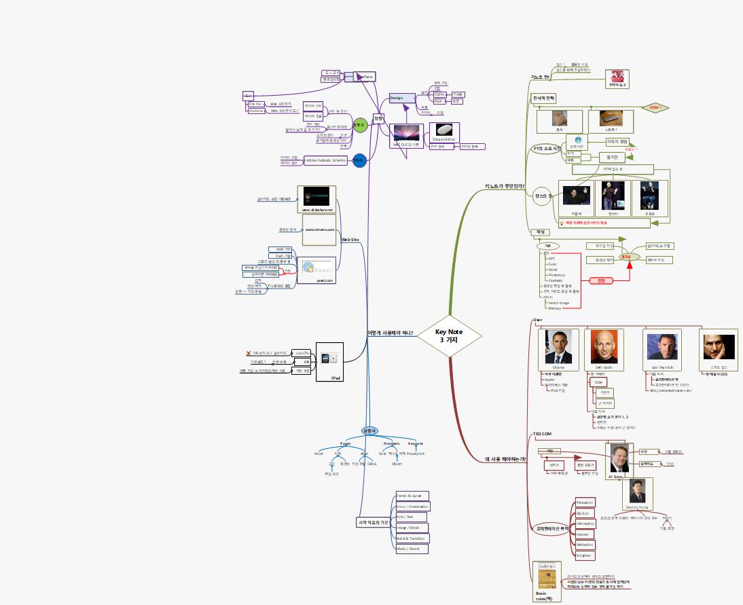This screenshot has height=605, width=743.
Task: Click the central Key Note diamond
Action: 449,335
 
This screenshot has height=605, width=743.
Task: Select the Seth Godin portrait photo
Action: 602,347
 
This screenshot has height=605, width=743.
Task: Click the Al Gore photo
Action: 619,458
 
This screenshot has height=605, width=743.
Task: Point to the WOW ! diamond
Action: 655,107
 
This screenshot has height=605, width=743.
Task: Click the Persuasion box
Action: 585,502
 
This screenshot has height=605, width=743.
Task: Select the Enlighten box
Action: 584,555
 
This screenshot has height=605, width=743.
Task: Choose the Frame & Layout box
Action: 412,496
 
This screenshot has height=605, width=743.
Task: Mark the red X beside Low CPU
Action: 249,353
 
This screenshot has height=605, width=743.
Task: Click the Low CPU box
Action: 302,353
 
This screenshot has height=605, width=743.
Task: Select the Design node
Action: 397,98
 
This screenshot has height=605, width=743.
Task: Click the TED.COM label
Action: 542,433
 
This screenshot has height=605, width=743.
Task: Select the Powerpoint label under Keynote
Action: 416,454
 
